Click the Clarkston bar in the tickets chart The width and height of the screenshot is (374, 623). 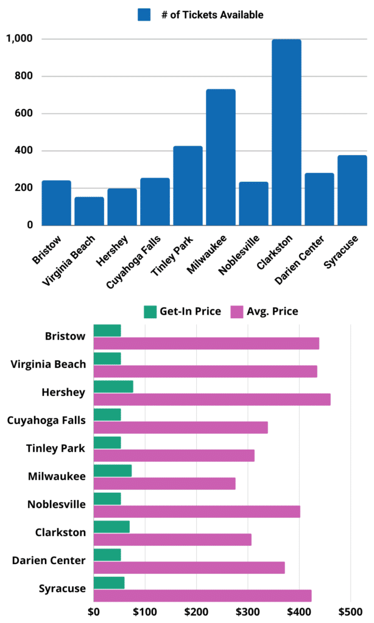point(286,132)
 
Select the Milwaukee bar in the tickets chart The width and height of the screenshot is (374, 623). point(221,157)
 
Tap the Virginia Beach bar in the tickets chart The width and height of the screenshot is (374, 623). point(89,211)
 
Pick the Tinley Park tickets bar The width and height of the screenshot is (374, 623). point(188,186)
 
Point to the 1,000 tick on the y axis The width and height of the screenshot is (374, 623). point(20,39)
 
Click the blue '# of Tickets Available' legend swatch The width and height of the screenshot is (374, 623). point(144,15)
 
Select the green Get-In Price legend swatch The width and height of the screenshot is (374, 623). point(150,312)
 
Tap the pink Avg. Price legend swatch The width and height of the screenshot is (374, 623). point(237,312)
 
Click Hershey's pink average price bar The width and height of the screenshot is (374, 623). point(211,399)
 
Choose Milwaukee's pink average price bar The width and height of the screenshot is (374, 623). point(164,484)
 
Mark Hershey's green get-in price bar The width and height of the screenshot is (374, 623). point(113,387)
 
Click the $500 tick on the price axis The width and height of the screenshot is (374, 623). point(350,610)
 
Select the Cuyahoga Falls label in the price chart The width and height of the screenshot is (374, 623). point(46,420)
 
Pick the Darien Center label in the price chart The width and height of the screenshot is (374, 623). point(49,560)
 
